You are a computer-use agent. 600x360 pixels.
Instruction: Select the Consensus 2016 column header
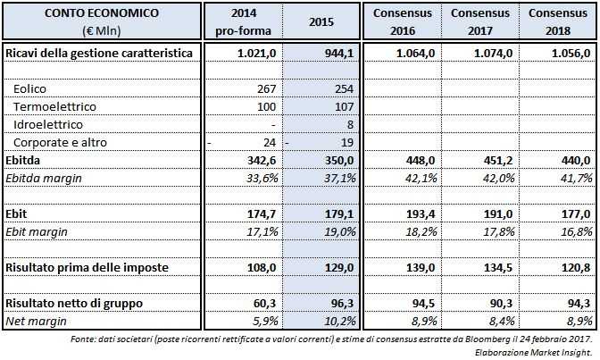click(402, 21)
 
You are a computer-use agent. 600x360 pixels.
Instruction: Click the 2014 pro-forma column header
click(244, 21)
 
